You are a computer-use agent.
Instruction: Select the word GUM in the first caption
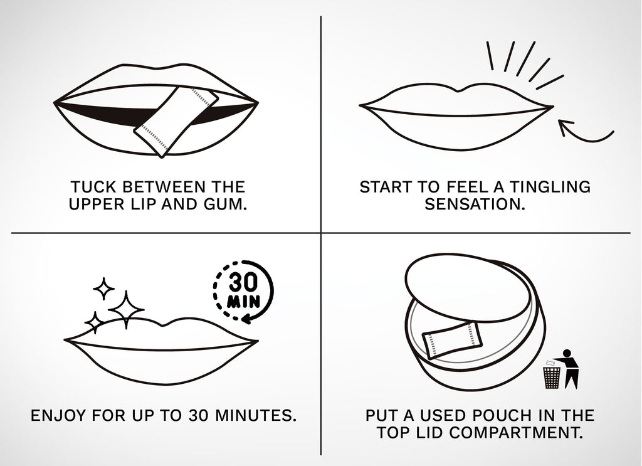pos(221,205)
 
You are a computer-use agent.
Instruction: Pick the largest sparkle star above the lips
pos(127,307)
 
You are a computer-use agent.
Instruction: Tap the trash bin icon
pos(551,376)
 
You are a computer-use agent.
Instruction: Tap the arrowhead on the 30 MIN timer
pos(246,319)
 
